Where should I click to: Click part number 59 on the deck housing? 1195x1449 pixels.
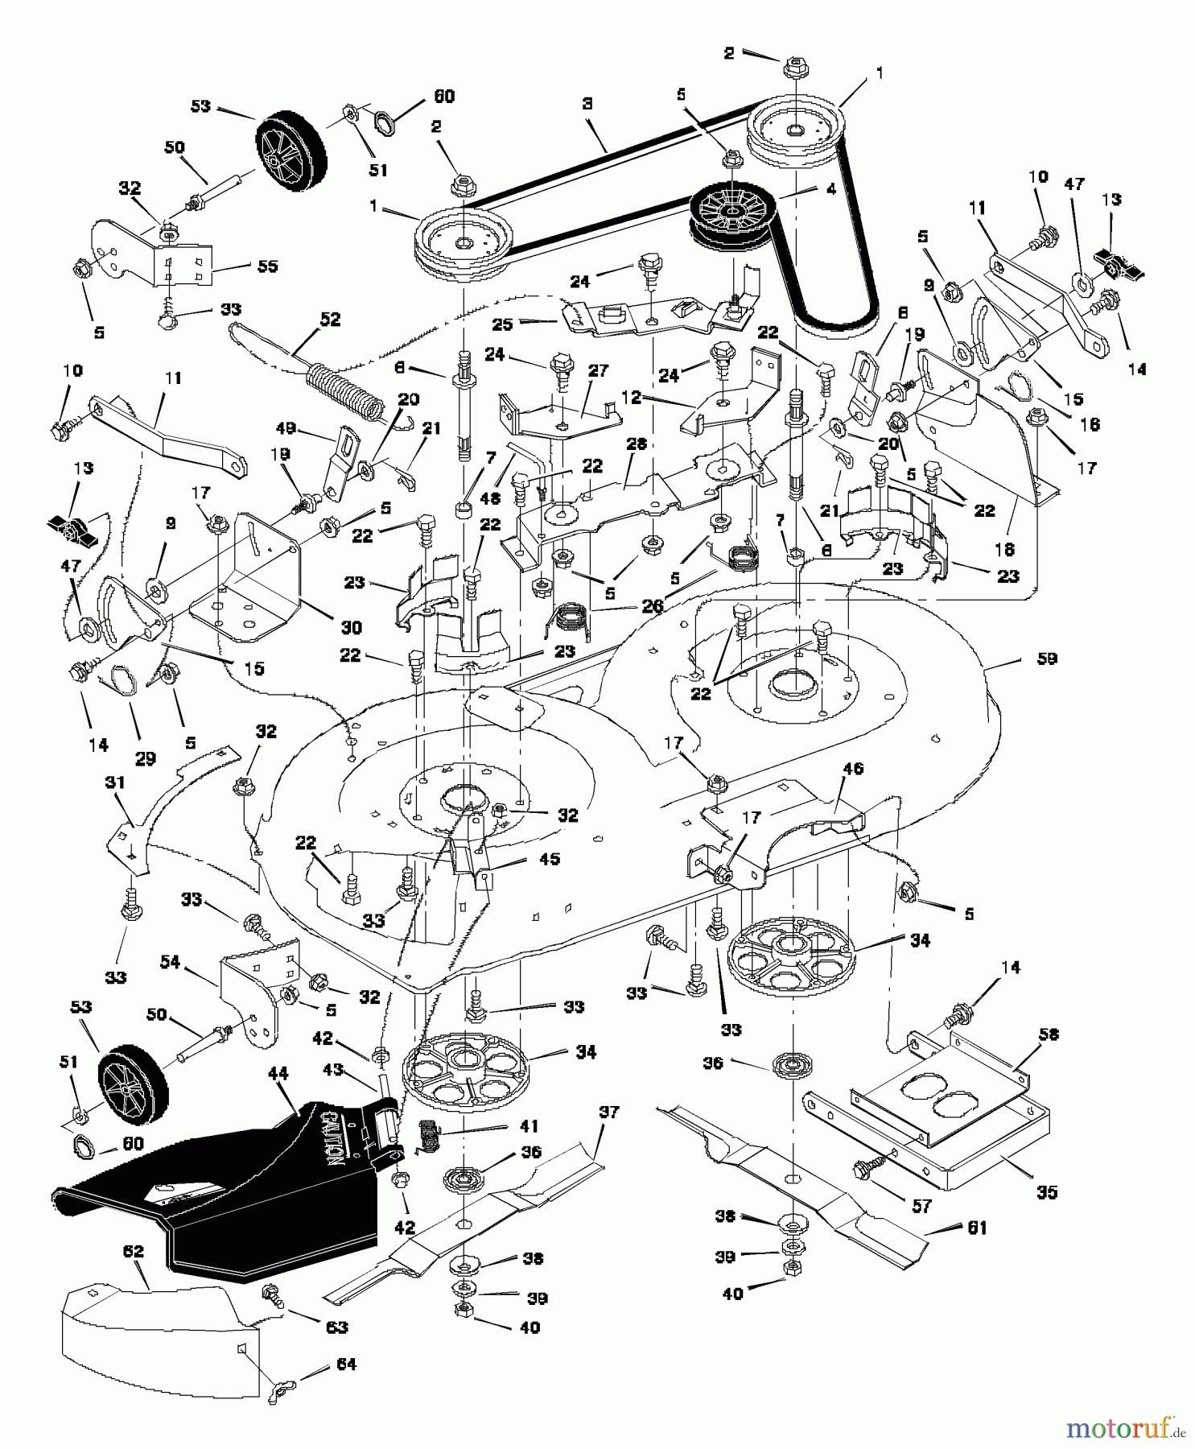1047,659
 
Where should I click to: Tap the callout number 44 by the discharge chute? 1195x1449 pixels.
277,1074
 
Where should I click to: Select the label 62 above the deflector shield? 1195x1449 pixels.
133,1252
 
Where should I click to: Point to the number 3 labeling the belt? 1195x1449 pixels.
588,105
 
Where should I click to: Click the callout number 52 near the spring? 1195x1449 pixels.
329,320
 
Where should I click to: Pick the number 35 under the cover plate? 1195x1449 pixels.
1046,1193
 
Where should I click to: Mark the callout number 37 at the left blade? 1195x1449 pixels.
609,1112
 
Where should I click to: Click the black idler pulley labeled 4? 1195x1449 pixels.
728,213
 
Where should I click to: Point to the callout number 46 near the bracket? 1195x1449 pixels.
853,769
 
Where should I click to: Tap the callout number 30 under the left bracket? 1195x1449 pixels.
351,628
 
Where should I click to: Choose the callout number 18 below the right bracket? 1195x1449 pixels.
1003,550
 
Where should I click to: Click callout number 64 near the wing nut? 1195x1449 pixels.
347,1364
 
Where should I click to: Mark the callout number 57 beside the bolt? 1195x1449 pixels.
921,1206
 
